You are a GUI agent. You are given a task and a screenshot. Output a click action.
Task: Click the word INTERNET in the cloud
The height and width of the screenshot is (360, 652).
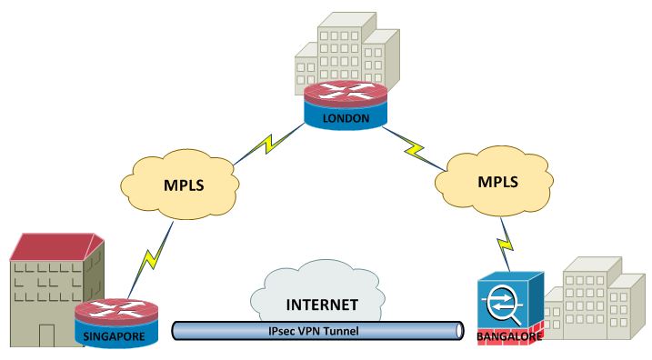[323, 304]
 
